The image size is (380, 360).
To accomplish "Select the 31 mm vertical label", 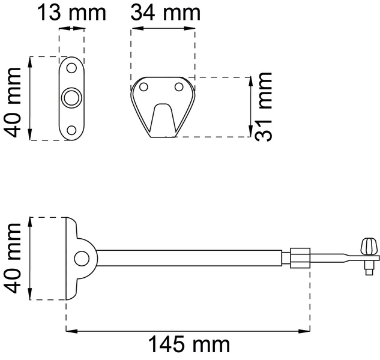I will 263,106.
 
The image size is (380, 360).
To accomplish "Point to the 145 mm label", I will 188,344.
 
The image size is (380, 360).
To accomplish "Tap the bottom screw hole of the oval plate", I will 71,130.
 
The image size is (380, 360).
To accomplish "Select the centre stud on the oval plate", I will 71,97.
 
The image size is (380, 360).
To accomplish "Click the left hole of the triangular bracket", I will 143,88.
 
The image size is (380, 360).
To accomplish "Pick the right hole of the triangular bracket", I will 178,88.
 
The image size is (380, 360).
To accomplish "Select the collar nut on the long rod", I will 300,259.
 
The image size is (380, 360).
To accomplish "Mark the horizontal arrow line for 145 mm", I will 188,329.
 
